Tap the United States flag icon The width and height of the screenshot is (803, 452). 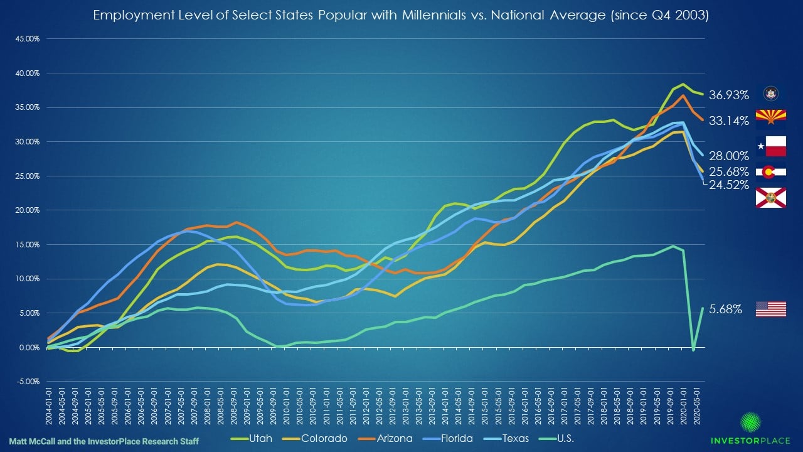[771, 309]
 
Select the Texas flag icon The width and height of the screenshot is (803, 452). [771, 146]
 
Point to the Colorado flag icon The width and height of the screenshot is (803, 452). [771, 172]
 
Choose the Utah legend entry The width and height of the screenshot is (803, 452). [252, 438]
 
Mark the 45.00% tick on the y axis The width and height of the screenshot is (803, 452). [26, 39]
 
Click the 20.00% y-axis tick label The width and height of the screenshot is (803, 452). [26, 210]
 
